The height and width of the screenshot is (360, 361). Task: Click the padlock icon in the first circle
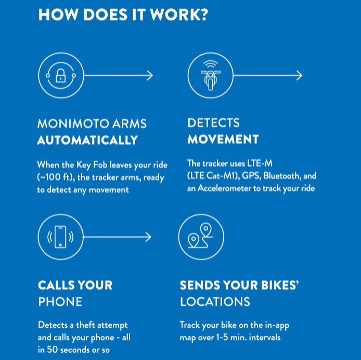point(61,75)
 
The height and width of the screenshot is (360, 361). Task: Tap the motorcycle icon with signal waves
point(211,75)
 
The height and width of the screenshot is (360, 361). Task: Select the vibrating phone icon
point(60,237)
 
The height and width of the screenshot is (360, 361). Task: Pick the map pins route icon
point(200,236)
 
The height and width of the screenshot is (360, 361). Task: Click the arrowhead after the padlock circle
point(150,75)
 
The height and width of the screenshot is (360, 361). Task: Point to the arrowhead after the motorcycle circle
point(299,75)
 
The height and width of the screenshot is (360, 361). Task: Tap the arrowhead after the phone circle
point(148,237)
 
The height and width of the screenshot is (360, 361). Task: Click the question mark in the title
point(203,15)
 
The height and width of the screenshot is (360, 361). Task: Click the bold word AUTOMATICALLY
point(87,140)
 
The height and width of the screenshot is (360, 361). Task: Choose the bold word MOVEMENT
point(223,139)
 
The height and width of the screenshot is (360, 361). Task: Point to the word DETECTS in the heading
point(214,123)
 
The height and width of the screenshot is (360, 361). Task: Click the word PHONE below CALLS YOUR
point(60,302)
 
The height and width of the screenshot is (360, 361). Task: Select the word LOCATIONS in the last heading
point(215,302)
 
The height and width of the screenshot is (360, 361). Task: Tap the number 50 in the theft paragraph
point(52,350)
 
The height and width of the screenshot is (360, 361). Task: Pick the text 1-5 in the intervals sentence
point(222,337)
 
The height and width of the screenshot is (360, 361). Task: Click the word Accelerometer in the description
point(225,188)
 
